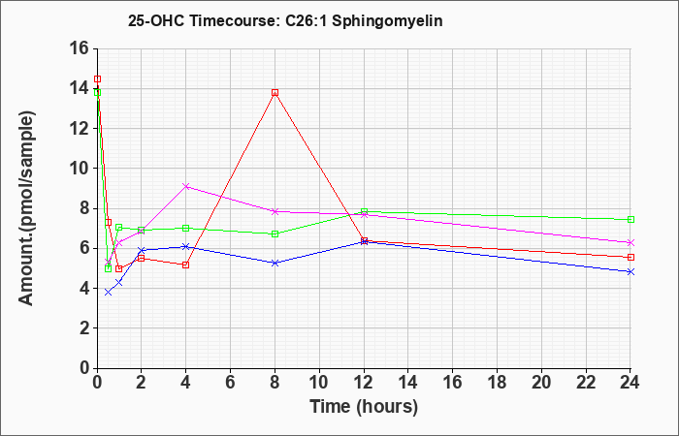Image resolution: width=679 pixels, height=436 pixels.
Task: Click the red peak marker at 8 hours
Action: pos(275,93)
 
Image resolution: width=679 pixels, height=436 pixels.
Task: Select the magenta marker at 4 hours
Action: pos(186,186)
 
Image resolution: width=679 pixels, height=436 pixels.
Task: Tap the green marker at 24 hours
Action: pos(630,219)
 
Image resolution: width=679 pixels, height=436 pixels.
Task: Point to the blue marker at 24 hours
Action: pos(630,271)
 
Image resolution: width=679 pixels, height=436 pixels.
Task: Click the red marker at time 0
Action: pos(97,79)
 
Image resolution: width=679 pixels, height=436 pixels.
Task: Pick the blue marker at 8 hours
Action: pos(275,263)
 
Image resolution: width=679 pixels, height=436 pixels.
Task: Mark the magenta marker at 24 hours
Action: pos(630,242)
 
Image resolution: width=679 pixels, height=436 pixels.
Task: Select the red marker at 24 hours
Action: pos(630,258)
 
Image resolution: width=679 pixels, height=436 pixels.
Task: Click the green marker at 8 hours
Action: pos(275,234)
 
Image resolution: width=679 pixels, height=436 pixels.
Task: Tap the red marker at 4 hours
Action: pos(186,265)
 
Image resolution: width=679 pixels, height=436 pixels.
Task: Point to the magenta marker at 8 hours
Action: pos(275,211)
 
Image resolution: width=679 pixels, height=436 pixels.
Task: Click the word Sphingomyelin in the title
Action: pos(387,21)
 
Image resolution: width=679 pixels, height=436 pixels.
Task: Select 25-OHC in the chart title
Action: pos(156,20)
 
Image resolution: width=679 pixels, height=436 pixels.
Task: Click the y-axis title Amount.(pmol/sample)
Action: pos(26,208)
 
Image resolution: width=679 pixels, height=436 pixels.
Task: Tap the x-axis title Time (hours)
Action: pos(364,407)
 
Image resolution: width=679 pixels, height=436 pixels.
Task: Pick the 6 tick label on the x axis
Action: pos(231,383)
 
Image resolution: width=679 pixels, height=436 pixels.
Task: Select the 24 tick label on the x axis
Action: pos(630,383)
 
